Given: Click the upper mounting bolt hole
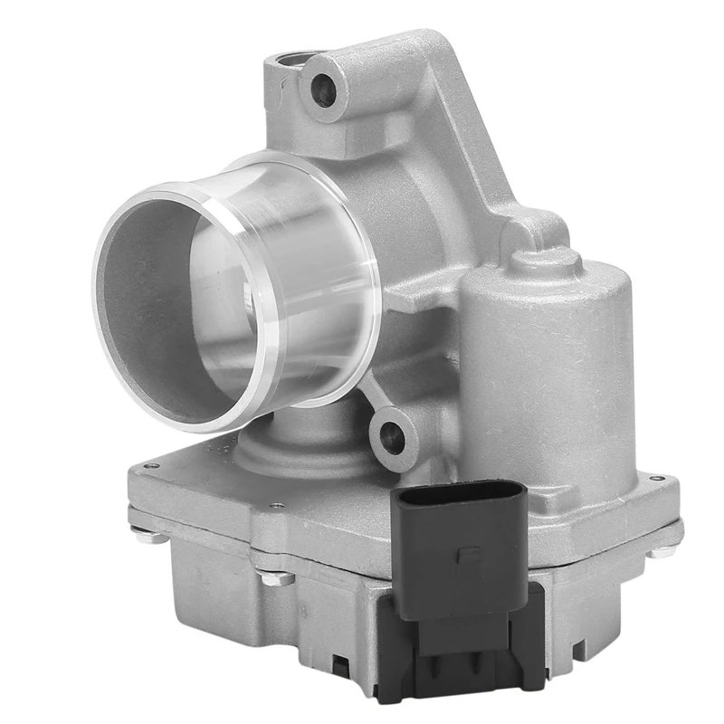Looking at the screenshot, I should pyautogui.click(x=322, y=89).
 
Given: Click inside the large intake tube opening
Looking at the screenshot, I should pyautogui.click(x=172, y=299).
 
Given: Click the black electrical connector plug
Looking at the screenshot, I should pyautogui.click(x=462, y=543).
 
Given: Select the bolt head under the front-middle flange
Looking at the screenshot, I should pyautogui.click(x=272, y=576).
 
